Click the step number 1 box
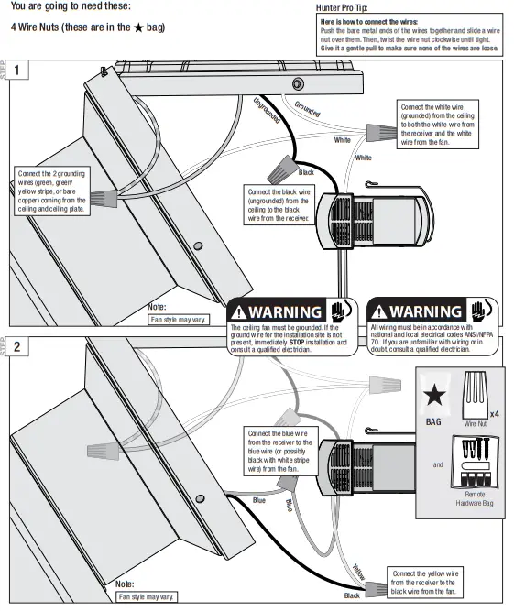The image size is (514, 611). pos(18,70)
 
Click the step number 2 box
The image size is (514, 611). pos(18,347)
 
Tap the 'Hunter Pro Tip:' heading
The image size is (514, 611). pos(341,6)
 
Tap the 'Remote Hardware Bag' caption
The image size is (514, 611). pos(474,498)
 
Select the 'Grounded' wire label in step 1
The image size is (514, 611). pos(308,109)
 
